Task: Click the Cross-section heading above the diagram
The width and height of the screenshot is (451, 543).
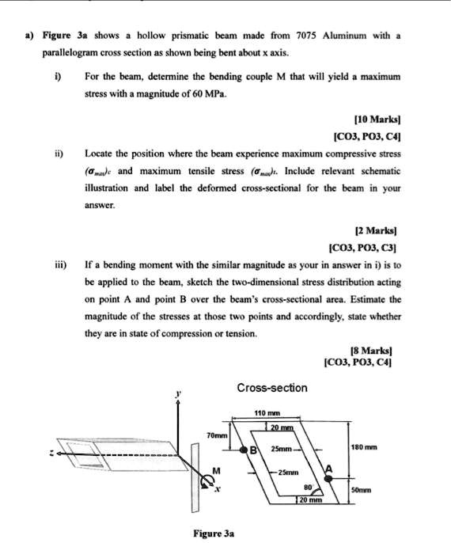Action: pyautogui.click(x=272, y=388)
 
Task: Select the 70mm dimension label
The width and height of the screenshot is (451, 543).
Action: pyautogui.click(x=216, y=436)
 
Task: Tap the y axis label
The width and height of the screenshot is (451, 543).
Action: pyautogui.click(x=178, y=393)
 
